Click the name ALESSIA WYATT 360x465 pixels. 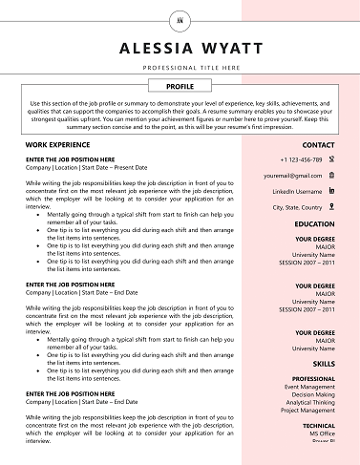pyautogui.click(x=180, y=49)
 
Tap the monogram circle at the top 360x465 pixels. pyautogui.click(x=180, y=17)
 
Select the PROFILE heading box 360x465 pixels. pyautogui.click(x=180, y=86)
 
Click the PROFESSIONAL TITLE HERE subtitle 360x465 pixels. pyautogui.click(x=180, y=70)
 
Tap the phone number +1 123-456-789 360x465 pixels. pyautogui.click(x=301, y=159)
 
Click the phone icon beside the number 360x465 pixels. pyautogui.click(x=330, y=159)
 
